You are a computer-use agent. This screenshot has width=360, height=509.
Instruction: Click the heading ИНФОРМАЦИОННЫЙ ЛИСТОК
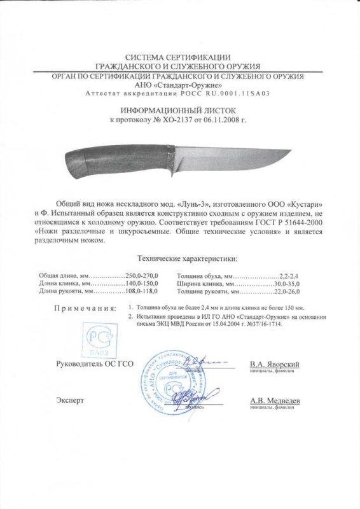pos(179,109)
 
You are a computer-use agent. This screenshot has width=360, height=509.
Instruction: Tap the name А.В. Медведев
pos(274,401)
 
